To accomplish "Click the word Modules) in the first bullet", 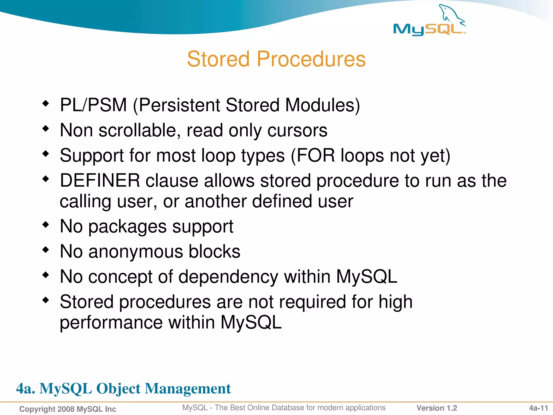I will pos(322,105).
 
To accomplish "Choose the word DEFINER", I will pos(100,180).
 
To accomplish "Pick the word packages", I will pos(127,226).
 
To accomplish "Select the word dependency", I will pos(228,277).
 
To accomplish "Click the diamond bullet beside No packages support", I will pos(46,225).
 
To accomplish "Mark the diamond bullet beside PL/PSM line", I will pos(46,103).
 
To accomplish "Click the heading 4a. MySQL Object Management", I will pos(123,389).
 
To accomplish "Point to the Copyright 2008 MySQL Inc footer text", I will pos(68,409).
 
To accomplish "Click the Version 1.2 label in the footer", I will pos(437,408).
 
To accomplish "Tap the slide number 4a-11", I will pos(538,408).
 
